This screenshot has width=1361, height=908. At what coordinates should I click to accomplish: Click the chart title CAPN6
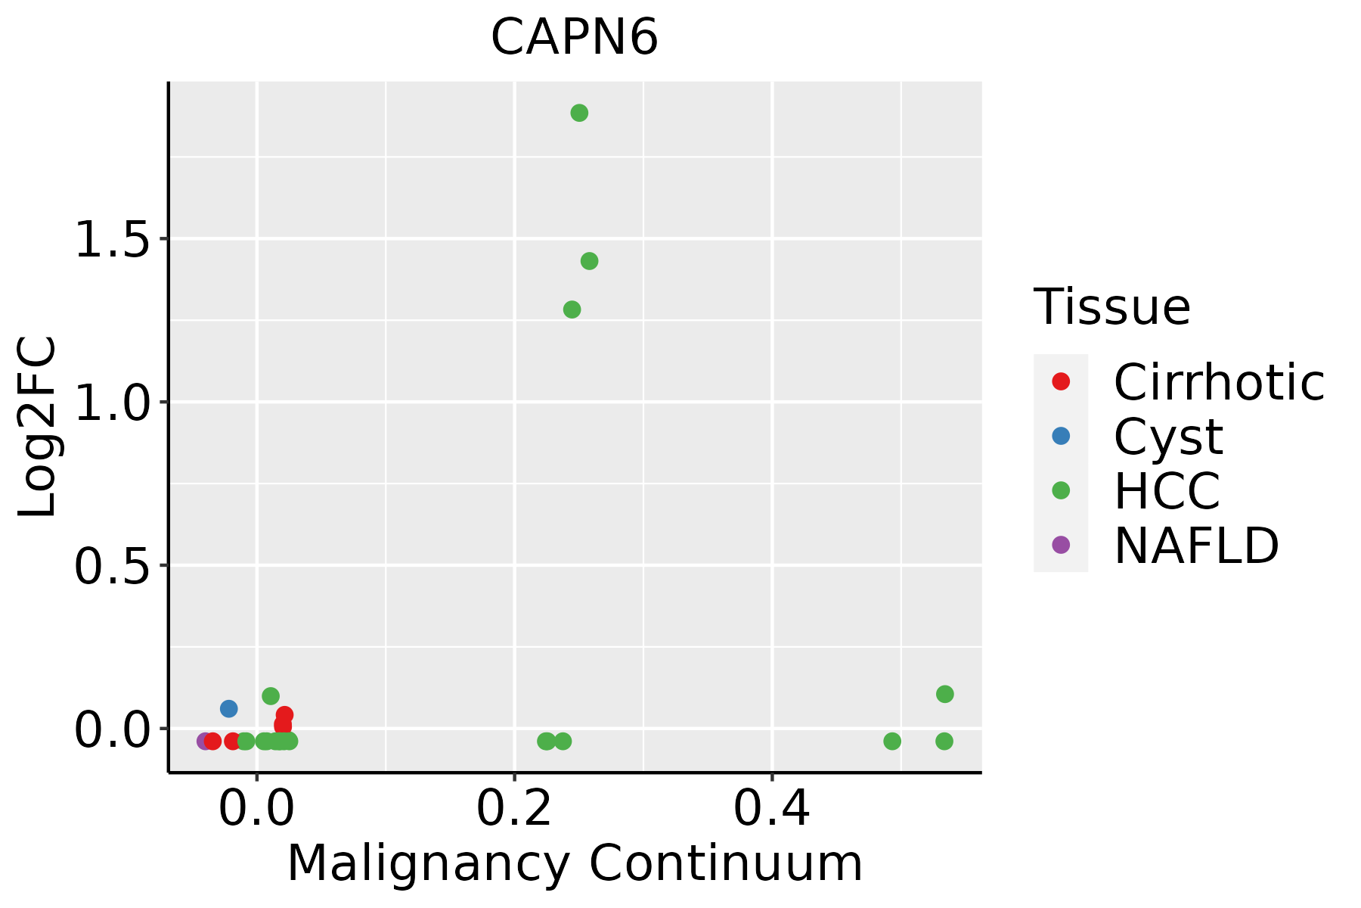[x=575, y=38]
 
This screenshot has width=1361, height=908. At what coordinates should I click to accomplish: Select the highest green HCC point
[x=579, y=113]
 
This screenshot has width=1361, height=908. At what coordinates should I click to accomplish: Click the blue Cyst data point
[x=228, y=709]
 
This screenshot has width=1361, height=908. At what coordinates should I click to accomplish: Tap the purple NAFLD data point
[x=204, y=742]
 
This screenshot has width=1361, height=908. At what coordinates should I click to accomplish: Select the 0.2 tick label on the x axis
[x=514, y=810]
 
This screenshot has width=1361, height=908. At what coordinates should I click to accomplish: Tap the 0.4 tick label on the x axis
[x=772, y=810]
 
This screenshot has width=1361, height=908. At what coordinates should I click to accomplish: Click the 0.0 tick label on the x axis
[x=257, y=810]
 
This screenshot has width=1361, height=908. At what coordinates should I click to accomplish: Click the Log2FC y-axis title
[x=38, y=427]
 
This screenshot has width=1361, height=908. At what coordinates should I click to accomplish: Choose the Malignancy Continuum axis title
[x=575, y=864]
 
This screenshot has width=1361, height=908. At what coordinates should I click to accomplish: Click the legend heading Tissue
[x=1111, y=307]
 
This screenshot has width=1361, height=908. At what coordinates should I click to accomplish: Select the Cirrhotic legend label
[x=1219, y=382]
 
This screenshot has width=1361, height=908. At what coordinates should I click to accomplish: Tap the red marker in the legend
[x=1061, y=381]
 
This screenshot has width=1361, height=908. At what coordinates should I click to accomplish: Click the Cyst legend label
[x=1168, y=437]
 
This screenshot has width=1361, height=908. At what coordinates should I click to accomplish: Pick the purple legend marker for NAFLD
[x=1061, y=544]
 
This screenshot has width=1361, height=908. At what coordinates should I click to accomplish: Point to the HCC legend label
[x=1167, y=491]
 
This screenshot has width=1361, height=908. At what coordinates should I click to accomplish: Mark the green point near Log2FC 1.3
[x=572, y=309]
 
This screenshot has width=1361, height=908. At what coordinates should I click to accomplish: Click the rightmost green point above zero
[x=944, y=694]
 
